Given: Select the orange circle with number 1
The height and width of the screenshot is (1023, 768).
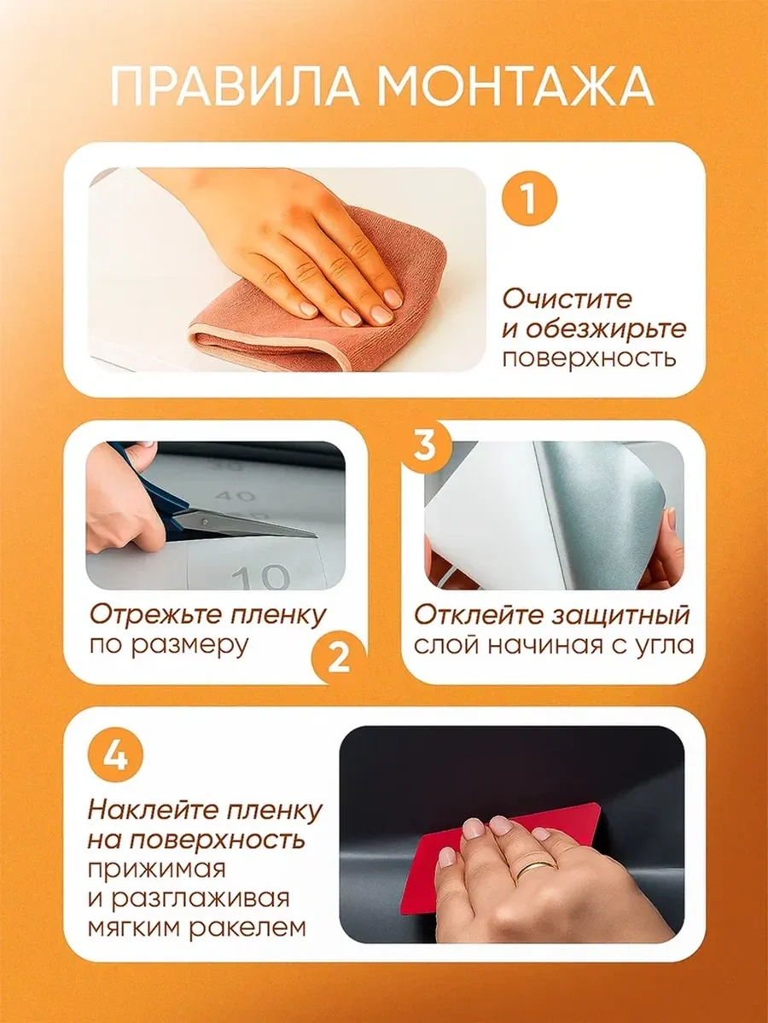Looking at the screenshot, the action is click(529, 197).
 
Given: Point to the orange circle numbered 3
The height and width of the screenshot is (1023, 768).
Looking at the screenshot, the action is click(425, 446).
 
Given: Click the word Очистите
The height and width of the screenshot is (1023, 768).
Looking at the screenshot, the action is click(567, 299).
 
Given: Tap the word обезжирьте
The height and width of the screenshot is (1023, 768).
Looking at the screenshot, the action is click(594, 328).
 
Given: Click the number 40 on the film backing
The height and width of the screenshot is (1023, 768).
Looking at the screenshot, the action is click(235, 497).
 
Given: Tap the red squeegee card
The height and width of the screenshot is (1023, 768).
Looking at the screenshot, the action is click(506, 855).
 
